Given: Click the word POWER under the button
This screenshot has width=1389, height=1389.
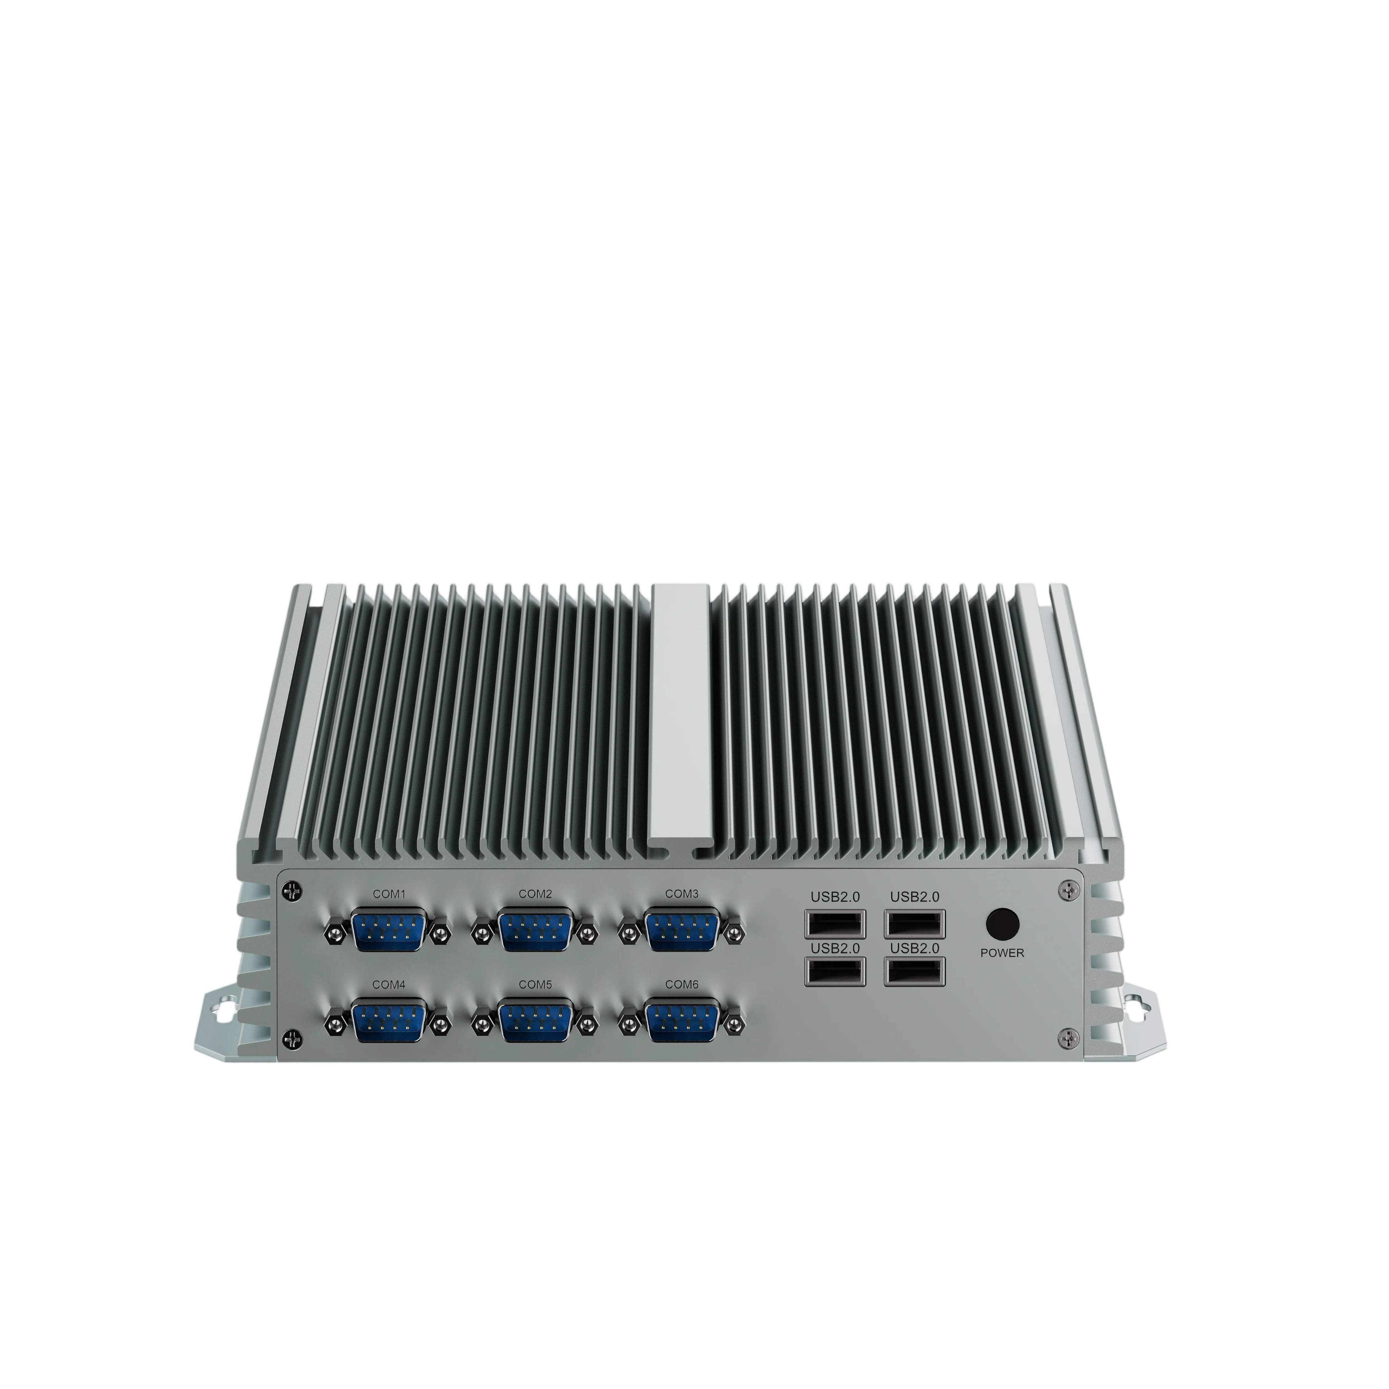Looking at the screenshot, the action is [1002, 953].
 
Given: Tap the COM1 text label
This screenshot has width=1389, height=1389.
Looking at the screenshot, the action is [389, 894].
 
